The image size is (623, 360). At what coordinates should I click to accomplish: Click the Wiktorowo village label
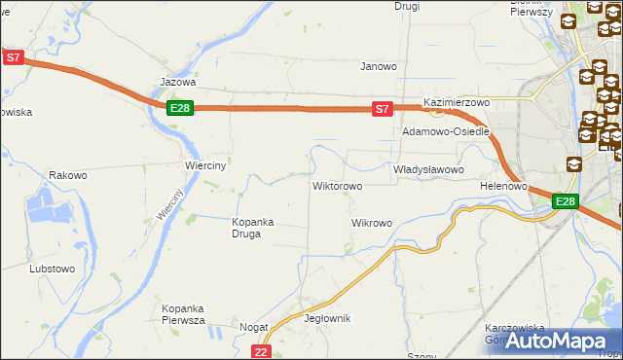(x=337, y=185)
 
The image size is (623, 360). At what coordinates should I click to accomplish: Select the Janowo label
(x=379, y=66)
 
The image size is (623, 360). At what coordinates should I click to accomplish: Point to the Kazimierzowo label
(x=456, y=101)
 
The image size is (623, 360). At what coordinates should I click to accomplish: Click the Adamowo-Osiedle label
(x=445, y=130)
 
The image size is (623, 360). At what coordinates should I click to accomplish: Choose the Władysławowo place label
(x=428, y=168)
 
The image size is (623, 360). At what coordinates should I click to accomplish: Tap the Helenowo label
(x=503, y=185)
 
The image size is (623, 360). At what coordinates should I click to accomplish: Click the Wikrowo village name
(x=371, y=223)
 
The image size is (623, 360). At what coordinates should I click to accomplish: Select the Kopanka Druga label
(x=252, y=228)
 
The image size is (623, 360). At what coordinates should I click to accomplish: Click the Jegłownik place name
(x=327, y=318)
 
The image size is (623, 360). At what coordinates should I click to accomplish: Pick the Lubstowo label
(x=52, y=268)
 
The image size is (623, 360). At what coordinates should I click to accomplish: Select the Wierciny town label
(x=205, y=165)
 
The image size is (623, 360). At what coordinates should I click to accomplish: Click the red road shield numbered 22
(x=260, y=351)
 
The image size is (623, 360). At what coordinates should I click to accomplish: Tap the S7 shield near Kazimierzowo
(x=384, y=109)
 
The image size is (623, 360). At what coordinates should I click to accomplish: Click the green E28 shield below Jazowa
(x=179, y=108)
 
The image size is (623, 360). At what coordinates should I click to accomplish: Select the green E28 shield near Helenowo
(x=566, y=201)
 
